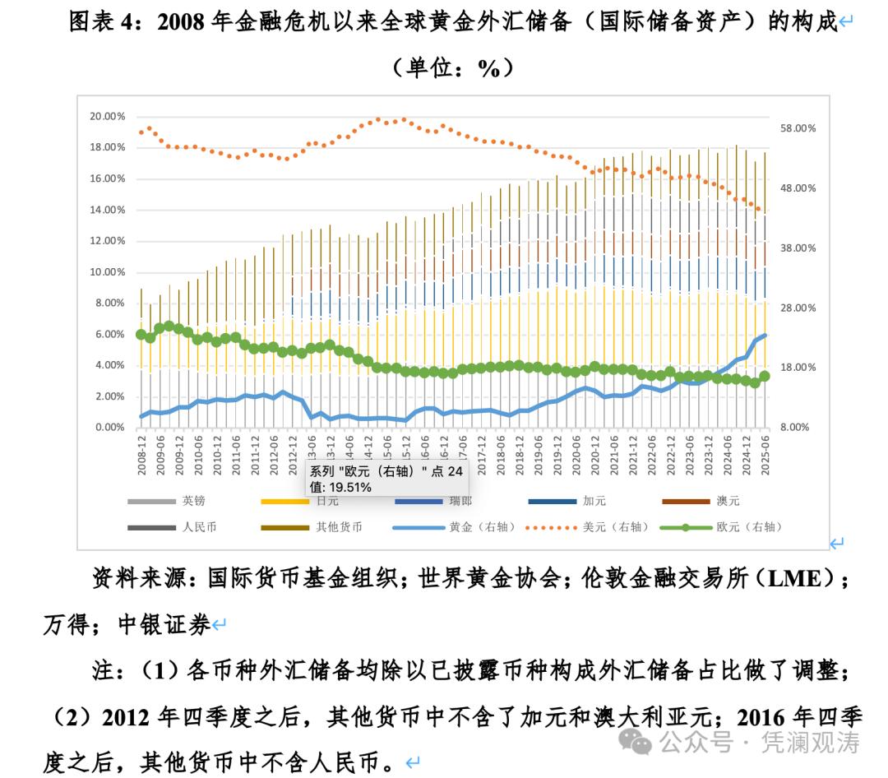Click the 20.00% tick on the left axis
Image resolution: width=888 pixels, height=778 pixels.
tap(107, 116)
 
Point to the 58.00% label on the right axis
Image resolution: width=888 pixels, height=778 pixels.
tap(797, 128)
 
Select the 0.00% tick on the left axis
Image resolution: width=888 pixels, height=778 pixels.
tap(109, 428)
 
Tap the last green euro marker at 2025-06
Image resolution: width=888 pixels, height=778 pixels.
tap(765, 376)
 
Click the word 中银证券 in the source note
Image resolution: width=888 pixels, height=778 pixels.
tap(164, 625)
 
